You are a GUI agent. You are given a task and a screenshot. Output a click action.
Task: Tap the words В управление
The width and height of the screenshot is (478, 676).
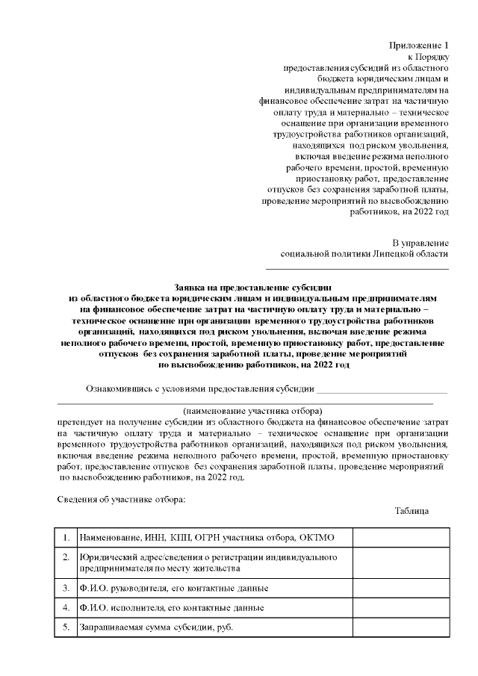[420, 243]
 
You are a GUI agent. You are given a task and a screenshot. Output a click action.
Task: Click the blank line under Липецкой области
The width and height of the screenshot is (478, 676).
[358, 267]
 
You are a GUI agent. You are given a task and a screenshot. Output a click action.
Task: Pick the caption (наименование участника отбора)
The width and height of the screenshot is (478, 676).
[252, 411]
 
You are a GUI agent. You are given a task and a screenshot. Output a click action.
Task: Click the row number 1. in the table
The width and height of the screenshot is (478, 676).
[66, 538]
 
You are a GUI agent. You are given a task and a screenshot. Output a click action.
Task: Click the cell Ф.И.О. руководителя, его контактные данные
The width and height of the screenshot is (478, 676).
[174, 588]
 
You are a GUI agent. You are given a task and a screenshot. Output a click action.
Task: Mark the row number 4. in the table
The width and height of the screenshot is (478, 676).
[66, 607]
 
